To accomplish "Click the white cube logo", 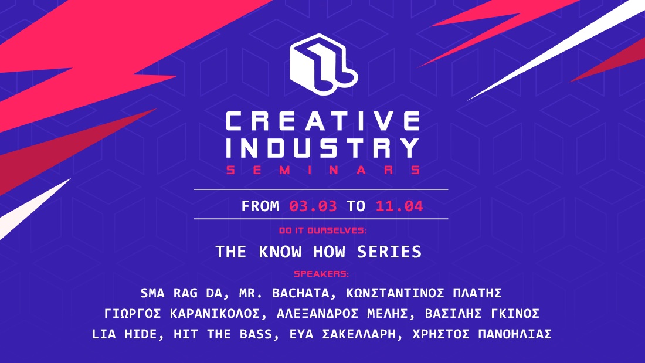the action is click(323, 65).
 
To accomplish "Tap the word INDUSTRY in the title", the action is click(323, 148).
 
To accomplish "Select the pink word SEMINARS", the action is click(323, 170).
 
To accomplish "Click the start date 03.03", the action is click(313, 206).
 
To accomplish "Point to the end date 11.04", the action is click(399, 206).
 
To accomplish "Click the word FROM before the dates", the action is click(260, 206).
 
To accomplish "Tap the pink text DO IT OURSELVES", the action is click(322, 230).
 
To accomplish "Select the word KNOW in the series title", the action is click(280, 252).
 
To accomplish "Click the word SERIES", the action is click(389, 252).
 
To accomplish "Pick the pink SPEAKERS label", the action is click(321, 274).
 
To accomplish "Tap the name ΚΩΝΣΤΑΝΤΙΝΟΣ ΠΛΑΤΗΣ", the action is click(424, 293).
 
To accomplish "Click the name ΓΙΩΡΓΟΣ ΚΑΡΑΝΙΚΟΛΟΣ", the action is click(182, 314).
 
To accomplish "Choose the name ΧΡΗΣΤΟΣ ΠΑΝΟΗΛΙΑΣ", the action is click(482, 334).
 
